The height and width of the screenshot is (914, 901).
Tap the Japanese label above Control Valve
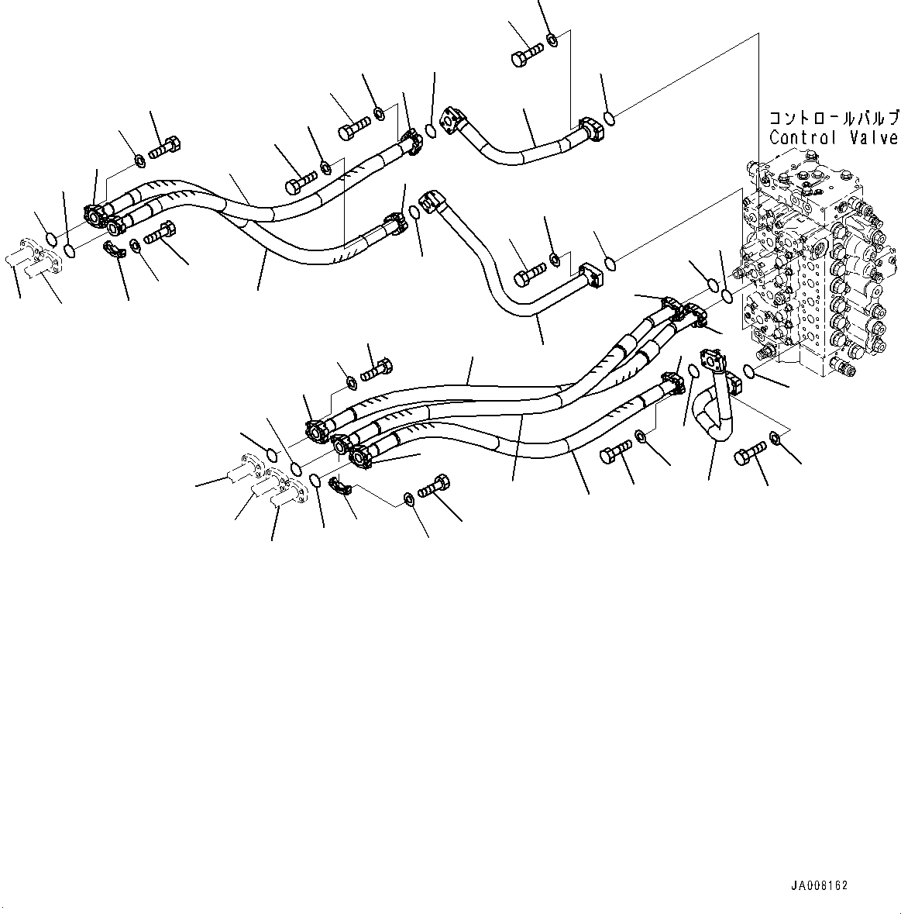point(833,119)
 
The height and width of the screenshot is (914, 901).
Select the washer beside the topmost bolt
point(551,40)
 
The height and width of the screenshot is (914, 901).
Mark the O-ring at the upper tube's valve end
point(609,119)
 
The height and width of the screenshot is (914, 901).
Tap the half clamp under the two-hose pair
point(113,248)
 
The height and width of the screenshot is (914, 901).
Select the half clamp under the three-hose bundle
point(339,488)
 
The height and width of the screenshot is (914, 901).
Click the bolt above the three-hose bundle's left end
point(377,369)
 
